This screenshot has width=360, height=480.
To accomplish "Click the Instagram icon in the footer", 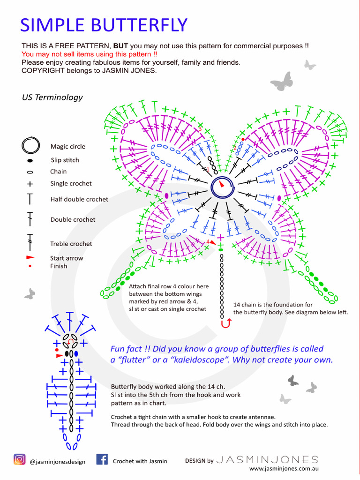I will (20, 459).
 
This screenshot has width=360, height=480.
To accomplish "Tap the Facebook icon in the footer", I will (102, 459).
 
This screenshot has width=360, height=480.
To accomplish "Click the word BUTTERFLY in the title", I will (136, 25).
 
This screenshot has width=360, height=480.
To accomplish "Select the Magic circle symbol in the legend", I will (30, 145).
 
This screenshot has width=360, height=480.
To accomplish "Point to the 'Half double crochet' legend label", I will (79, 199).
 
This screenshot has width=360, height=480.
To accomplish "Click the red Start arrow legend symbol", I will (30, 258).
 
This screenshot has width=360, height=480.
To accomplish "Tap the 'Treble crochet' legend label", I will (71, 244).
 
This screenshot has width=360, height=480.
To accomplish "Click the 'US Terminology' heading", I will (52, 97).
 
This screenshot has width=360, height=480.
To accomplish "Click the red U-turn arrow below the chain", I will (227, 323).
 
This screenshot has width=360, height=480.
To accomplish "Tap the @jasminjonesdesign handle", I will (58, 462).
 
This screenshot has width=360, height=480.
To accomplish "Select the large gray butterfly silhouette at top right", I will (282, 82).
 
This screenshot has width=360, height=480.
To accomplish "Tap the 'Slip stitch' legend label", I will (65, 160).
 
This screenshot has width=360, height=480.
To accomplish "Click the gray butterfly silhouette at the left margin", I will (30, 294).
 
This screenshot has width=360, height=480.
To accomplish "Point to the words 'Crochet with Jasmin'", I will (140, 461).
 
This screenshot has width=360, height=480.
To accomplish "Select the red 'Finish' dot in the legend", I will (30, 266).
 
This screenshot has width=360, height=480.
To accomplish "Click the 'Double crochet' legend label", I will (73, 219).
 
